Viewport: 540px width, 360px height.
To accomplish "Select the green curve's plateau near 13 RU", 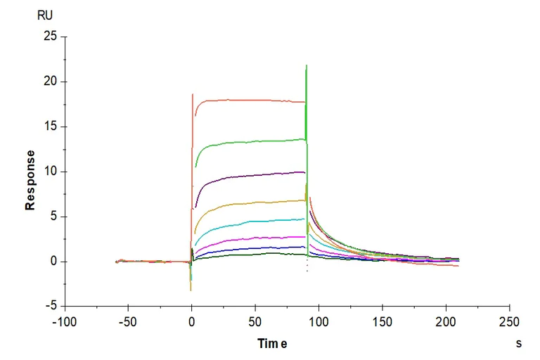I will pyautogui.click(x=253, y=141).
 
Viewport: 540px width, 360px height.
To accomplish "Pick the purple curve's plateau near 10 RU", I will pyautogui.click(x=253, y=174).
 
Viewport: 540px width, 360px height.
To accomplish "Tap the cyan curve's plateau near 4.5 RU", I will pyautogui.click(x=253, y=221).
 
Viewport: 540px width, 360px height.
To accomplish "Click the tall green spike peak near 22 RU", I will pyautogui.click(x=306, y=66).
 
